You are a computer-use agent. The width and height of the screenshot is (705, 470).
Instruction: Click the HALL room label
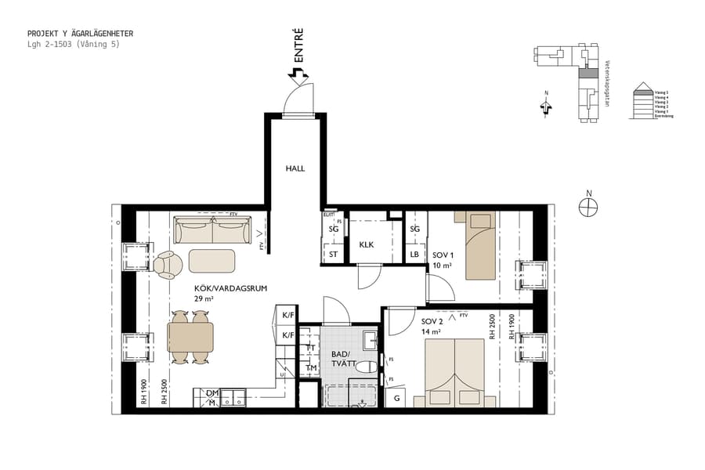[295, 168]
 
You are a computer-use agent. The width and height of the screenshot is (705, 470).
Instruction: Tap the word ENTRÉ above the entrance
[298, 47]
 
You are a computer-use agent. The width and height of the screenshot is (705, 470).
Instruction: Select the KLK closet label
[367, 245]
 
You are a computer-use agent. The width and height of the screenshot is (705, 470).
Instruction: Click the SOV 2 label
[432, 322]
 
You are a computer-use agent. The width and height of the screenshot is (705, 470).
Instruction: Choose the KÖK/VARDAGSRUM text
[231, 288]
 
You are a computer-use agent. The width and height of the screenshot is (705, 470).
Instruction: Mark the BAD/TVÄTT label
[343, 359]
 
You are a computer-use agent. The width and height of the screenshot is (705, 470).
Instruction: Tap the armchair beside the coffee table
[167, 264]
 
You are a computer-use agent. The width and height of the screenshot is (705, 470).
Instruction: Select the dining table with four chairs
[190, 338]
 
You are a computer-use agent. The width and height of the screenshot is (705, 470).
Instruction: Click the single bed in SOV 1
[479, 244]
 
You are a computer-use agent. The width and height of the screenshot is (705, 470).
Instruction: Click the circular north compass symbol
[587, 206]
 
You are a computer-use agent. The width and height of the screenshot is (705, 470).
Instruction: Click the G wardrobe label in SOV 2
[397, 399]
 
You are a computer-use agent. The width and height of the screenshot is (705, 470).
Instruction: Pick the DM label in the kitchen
[211, 393]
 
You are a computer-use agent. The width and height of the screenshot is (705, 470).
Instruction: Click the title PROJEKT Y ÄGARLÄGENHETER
[80, 34]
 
